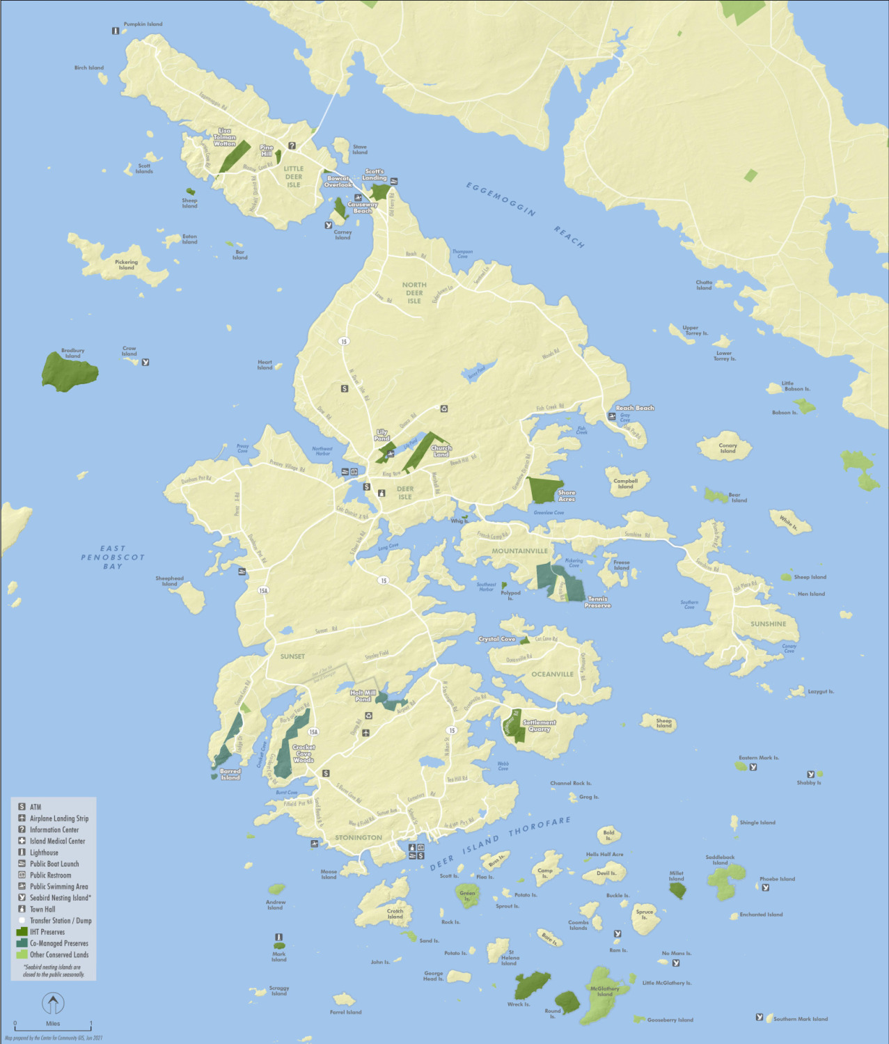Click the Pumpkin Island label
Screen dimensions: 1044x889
click(x=143, y=24)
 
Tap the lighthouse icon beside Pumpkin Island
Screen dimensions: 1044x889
click(x=116, y=31)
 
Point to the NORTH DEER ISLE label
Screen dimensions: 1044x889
click(x=414, y=293)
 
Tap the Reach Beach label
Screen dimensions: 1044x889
click(x=634, y=409)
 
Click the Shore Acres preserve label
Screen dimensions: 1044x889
click(x=567, y=496)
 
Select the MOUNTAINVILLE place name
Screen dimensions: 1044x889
click(x=519, y=551)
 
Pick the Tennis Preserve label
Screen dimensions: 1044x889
click(x=597, y=602)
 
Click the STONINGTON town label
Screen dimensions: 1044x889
click(x=359, y=838)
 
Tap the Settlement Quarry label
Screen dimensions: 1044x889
click(x=539, y=726)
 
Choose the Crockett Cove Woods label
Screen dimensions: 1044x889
click(x=304, y=754)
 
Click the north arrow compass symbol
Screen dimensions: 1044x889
click(x=54, y=1004)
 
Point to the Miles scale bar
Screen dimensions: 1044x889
click(x=53, y=1025)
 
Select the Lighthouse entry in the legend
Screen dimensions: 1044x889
click(x=44, y=853)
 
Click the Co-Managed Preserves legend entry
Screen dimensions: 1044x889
click(x=58, y=944)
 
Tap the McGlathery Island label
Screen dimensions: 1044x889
click(x=604, y=991)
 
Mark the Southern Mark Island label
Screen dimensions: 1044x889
click(x=801, y=1019)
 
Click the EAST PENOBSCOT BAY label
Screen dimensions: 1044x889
click(x=113, y=557)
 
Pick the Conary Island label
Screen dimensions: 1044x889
click(x=727, y=448)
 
